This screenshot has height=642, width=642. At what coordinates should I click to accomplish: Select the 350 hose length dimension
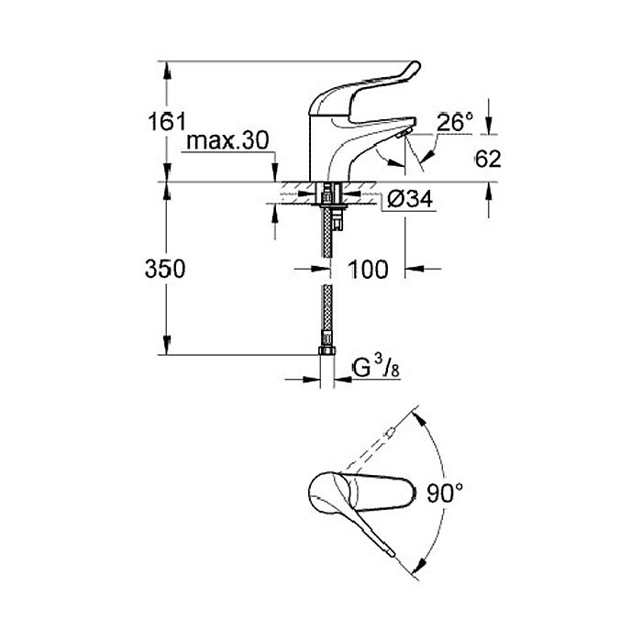pyautogui.click(x=168, y=269)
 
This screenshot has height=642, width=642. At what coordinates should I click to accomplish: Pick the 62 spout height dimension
pyautogui.click(x=488, y=158)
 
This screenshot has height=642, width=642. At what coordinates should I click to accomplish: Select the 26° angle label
pyautogui.click(x=455, y=122)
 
